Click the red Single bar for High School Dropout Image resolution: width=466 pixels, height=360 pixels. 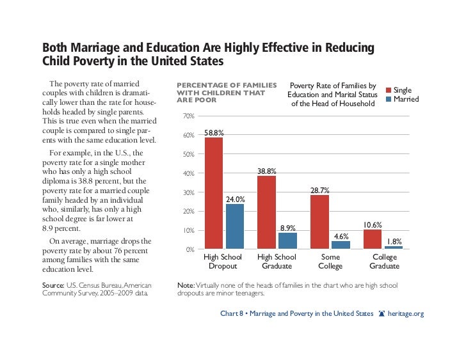point(214,193)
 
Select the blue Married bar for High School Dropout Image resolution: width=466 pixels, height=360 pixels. point(235,226)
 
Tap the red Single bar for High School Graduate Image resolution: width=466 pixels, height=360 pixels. point(266,212)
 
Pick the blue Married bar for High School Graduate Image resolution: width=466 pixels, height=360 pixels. point(287,240)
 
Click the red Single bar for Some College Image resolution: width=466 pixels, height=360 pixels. point(319,222)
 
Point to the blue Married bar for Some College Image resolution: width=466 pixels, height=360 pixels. point(341,245)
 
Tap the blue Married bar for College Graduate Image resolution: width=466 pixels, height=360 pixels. point(393,247)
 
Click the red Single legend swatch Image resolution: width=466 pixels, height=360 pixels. point(387,90)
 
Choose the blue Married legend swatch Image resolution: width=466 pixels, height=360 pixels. point(387,99)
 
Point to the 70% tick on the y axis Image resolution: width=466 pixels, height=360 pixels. point(188,116)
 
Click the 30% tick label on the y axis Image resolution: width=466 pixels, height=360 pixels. point(188,192)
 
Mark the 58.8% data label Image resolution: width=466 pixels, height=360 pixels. point(214,133)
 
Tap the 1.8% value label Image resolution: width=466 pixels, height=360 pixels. point(394,242)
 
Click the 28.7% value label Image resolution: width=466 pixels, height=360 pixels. point(320,191)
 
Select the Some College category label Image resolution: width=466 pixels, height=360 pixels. point(330,261)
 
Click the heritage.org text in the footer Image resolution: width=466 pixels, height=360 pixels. point(406,314)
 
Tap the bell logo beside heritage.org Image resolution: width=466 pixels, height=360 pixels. point(382,314)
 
